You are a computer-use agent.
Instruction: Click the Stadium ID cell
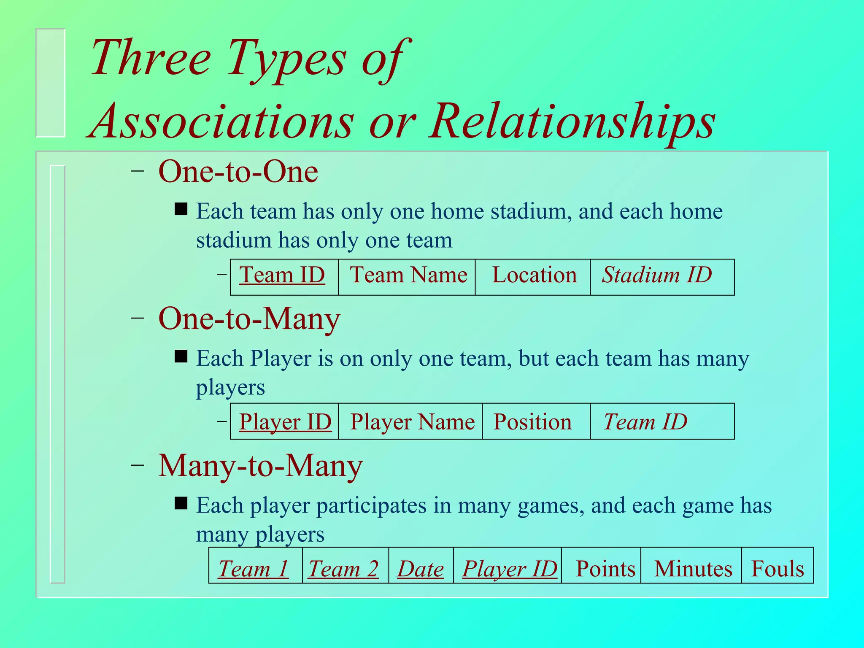pos(661,277)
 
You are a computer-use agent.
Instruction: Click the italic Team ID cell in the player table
pos(661,421)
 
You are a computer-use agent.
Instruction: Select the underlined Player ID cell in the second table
pos(284,421)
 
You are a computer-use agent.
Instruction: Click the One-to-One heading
pos(238,172)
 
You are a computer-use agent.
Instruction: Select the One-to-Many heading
pos(249,319)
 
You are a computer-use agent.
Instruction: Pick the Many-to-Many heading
pos(260,466)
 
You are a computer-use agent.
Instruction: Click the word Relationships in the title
pos(572,121)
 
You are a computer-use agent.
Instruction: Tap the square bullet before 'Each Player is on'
pos(181,356)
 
